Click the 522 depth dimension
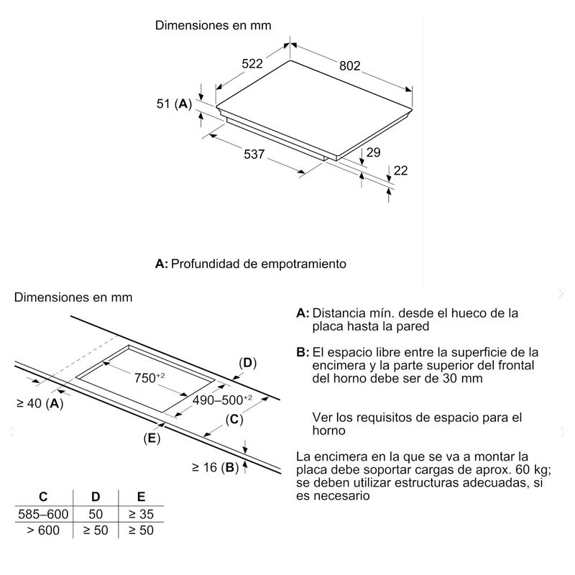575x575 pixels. (252, 64)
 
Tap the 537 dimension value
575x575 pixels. (254, 154)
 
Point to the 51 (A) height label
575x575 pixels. (174, 104)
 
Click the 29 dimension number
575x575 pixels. (373, 152)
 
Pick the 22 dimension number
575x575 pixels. (400, 170)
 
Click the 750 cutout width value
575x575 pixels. (150, 377)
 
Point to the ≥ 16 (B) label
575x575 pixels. (215, 468)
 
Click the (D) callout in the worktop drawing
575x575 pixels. (247, 363)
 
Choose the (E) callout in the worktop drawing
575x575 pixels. (151, 438)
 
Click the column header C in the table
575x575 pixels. (43, 497)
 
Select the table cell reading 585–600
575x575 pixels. (43, 514)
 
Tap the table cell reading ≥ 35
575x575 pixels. (140, 514)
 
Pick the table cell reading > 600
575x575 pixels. (43, 530)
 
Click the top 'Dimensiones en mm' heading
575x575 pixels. (214, 25)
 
